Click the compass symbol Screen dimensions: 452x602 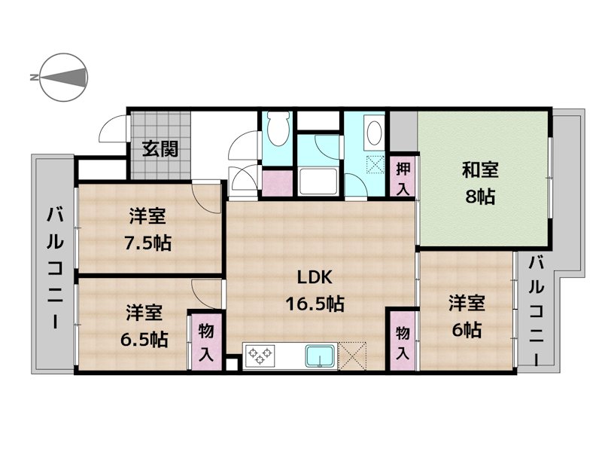(63, 77)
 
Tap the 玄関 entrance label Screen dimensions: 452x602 (161, 148)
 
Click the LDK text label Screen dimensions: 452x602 (315, 277)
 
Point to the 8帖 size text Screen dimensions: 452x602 (479, 197)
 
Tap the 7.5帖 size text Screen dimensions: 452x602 (147, 243)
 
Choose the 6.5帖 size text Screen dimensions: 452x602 (144, 338)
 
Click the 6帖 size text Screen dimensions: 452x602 (467, 330)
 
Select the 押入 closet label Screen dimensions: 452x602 (403, 179)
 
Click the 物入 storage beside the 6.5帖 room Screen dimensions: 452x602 (206, 343)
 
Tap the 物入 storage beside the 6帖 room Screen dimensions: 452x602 (403, 343)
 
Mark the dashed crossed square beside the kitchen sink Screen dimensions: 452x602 (353, 354)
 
